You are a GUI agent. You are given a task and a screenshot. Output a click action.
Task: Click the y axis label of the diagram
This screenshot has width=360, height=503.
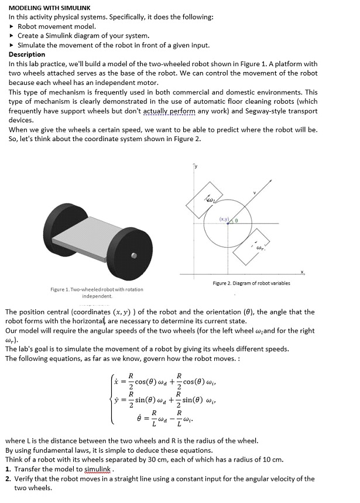coord(196,167)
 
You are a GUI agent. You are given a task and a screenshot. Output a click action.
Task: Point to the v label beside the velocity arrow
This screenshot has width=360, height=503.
coord(254,193)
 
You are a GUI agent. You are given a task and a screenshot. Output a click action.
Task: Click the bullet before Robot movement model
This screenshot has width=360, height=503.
coord(13,26)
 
